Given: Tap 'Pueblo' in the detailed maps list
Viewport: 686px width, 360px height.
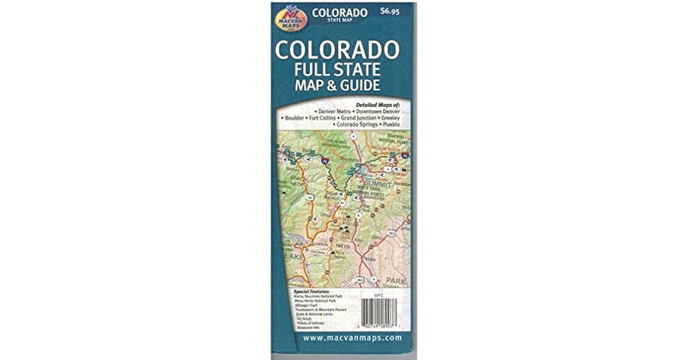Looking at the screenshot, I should (392, 124).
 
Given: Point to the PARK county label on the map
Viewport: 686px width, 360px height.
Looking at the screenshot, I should (395, 280).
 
